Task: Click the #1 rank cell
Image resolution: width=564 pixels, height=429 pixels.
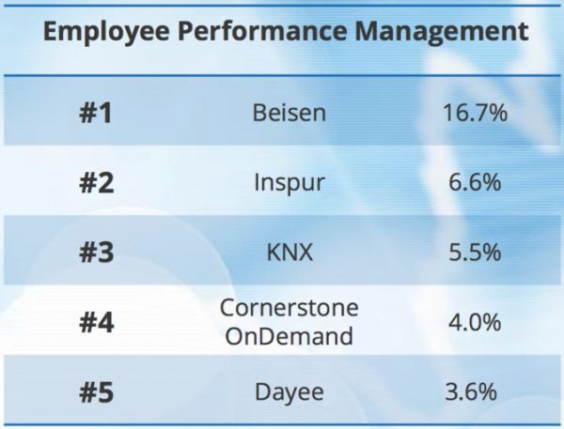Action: pos(95,114)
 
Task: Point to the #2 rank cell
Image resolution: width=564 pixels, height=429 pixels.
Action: pos(95,183)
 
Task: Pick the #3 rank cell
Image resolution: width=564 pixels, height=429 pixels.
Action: pos(95,253)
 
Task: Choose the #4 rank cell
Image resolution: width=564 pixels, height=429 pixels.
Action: pos(95,322)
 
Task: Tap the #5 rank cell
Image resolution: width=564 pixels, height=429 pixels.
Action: pos(95,391)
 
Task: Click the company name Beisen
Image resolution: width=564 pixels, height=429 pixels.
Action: pos(290,114)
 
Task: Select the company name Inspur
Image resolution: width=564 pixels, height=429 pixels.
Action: pos(290,183)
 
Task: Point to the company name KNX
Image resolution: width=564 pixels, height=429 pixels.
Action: pos(290,253)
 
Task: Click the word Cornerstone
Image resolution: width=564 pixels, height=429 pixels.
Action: pos(290,309)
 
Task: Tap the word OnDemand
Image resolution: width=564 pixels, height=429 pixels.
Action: pos(290,335)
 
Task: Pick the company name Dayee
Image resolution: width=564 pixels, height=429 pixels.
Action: pos(290,391)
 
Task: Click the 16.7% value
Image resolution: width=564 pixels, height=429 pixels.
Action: pos(476,114)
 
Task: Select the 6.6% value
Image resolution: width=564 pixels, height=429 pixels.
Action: pos(476,183)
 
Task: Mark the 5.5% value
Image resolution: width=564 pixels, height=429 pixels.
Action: pos(476,253)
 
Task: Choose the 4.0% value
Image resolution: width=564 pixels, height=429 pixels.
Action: pos(476,322)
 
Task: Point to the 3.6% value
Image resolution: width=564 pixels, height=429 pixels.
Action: pos(476,391)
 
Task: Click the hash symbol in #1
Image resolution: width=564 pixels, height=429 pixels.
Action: pos(86,114)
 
